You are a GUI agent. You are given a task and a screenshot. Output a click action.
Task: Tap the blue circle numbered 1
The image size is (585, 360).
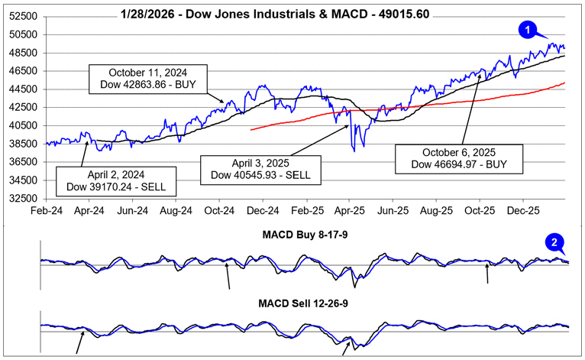(525, 29)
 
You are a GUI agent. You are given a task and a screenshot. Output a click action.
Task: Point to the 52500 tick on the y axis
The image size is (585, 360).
(24, 16)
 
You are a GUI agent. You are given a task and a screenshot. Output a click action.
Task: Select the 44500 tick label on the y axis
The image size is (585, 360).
(24, 89)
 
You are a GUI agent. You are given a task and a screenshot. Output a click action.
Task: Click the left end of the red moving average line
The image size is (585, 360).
(252, 129)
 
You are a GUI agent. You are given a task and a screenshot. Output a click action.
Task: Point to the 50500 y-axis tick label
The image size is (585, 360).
(24, 34)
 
